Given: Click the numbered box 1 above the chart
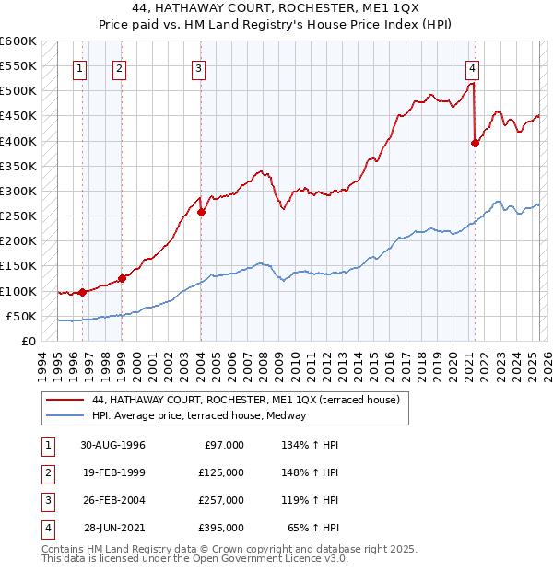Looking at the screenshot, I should [80, 67].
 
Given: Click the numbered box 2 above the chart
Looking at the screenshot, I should [120, 67].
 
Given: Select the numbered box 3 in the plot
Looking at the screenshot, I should [199, 67].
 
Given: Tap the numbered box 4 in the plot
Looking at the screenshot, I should [472, 67].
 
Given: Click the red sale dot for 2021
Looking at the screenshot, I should [476, 143].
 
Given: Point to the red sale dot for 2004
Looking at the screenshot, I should [201, 212].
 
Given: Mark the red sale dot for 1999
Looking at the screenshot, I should [122, 278].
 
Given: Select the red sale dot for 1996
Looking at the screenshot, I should [83, 292].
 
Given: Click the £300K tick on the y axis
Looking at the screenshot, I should [18, 191].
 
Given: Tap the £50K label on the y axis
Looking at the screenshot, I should [21, 316].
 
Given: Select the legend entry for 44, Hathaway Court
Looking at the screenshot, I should [245, 401].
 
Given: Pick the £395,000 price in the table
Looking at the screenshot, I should [221, 528].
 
